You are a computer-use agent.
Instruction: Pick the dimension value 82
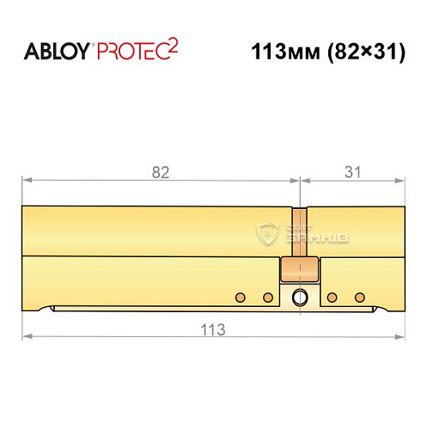click(160, 172)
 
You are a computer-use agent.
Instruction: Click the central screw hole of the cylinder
click(299, 298)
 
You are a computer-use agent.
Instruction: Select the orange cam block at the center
click(299, 270)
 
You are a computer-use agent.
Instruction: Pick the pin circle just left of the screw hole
click(268, 298)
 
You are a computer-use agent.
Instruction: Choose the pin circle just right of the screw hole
click(332, 298)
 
